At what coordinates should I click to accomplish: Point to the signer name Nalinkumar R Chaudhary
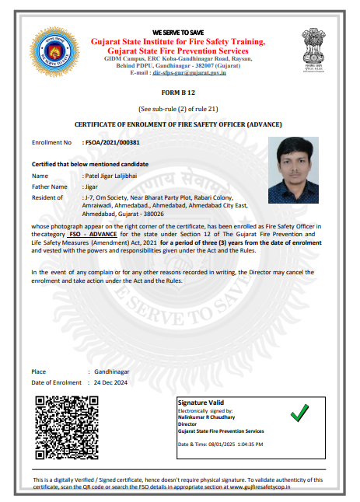tap(208, 417)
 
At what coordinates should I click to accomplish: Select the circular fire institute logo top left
tap(52, 52)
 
